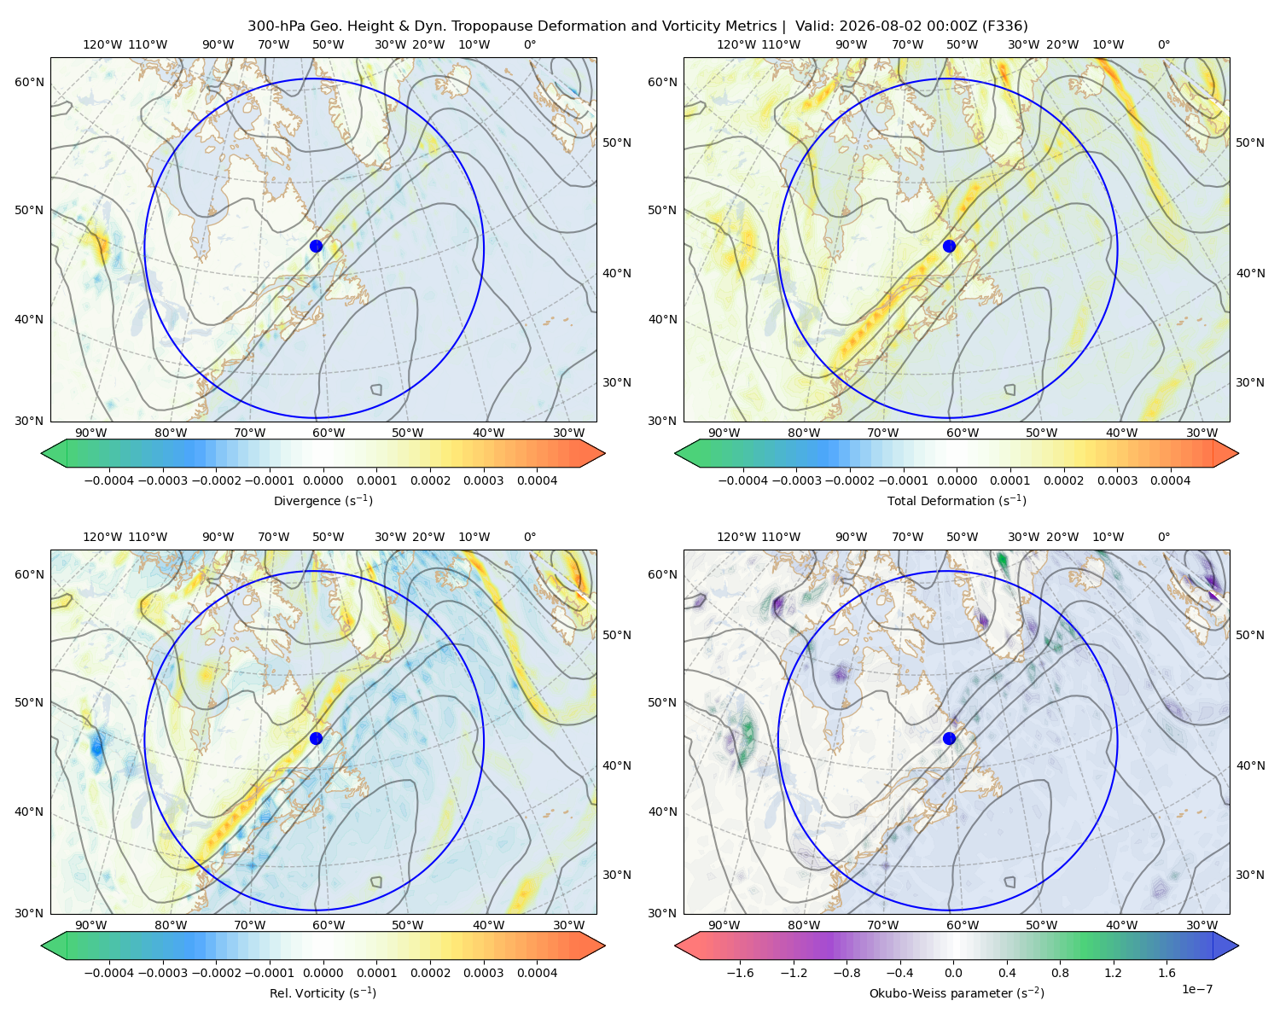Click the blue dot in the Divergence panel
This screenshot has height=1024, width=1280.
[x=316, y=246]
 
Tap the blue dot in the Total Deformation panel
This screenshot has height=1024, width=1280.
[x=949, y=246]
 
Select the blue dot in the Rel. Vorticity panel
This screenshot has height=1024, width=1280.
[x=316, y=738]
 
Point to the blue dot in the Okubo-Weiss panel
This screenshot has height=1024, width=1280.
[x=949, y=738]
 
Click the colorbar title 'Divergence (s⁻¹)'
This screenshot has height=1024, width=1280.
[x=323, y=500]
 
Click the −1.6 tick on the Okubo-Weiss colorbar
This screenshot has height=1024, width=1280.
[x=740, y=972]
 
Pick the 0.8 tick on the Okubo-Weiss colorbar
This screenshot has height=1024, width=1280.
[x=1060, y=972]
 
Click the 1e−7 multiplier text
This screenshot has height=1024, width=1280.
[x=1196, y=989]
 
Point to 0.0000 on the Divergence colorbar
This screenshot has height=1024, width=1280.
[x=323, y=480]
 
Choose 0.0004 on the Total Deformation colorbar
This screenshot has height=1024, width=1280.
[x=1170, y=480]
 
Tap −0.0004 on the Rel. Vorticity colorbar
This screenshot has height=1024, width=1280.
[x=109, y=972]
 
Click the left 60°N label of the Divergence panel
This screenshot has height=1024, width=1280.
[x=29, y=82]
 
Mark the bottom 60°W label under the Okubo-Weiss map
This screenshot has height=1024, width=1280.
[x=963, y=925]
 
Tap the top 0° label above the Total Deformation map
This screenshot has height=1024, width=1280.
[x=1164, y=44]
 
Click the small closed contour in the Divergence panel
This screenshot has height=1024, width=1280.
[x=376, y=390]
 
